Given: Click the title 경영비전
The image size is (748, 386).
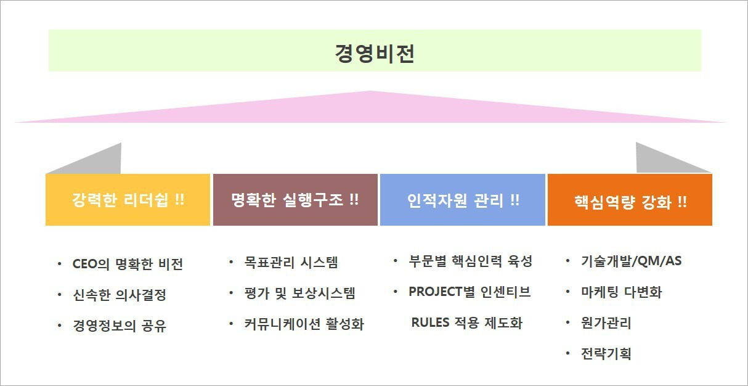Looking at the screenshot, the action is pos(375,53).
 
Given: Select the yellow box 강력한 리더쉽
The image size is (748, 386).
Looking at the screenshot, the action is pos(128,200).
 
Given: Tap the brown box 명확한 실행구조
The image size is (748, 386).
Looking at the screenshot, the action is pos(295,200).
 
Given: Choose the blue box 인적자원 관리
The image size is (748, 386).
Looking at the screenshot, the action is pos(463,200).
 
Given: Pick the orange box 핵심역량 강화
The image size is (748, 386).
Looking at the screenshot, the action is pos(630,201).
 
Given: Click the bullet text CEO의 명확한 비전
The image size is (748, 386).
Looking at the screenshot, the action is pos(128,265).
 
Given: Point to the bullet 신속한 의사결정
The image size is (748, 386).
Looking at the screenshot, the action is pos(120,295).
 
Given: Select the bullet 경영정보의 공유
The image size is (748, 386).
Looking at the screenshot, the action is pos(120,325).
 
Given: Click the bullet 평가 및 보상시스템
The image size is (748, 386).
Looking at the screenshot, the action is pos(299,293).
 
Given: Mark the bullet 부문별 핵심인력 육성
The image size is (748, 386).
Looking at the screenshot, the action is pos(470,261).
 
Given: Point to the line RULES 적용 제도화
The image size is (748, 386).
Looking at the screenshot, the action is pos(466,322).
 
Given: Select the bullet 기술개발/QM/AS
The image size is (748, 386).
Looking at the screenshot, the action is pos(631,261).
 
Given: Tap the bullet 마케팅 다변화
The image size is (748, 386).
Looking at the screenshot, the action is pos(621,292).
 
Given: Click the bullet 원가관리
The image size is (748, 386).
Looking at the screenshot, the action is pos(606,322).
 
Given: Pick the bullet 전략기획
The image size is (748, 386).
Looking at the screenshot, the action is pos(606,353).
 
